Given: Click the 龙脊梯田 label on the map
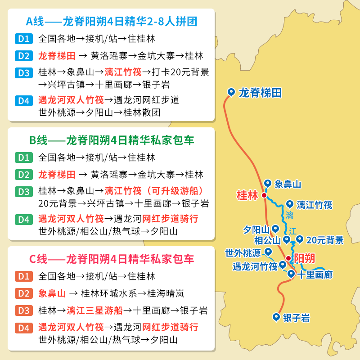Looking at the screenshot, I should pos(260,93).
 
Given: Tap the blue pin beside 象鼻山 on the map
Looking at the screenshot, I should pos(268,183).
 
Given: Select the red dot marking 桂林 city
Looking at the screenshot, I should pos(264,195).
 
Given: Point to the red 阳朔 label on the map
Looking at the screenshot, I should pos(305,258).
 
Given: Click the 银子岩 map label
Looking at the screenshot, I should pos(296,318).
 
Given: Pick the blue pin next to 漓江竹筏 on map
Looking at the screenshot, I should pos(290,204).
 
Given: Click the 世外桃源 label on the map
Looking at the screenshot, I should pos(243,252).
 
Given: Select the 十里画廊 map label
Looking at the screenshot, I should pos(315,274).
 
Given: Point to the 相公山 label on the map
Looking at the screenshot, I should pos(267,240).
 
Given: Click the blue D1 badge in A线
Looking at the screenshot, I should pos(23,39).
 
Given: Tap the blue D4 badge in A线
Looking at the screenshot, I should pos(23,100).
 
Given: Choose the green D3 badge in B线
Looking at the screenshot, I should pos(23,191).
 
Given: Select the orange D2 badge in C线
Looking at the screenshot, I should pos(23,293).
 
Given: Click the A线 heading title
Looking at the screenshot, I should pos(112,21).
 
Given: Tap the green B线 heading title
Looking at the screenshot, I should pos(112,140).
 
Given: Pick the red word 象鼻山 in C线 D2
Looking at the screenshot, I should pos(52,293).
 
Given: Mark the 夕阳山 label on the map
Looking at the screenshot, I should pos(256,229).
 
